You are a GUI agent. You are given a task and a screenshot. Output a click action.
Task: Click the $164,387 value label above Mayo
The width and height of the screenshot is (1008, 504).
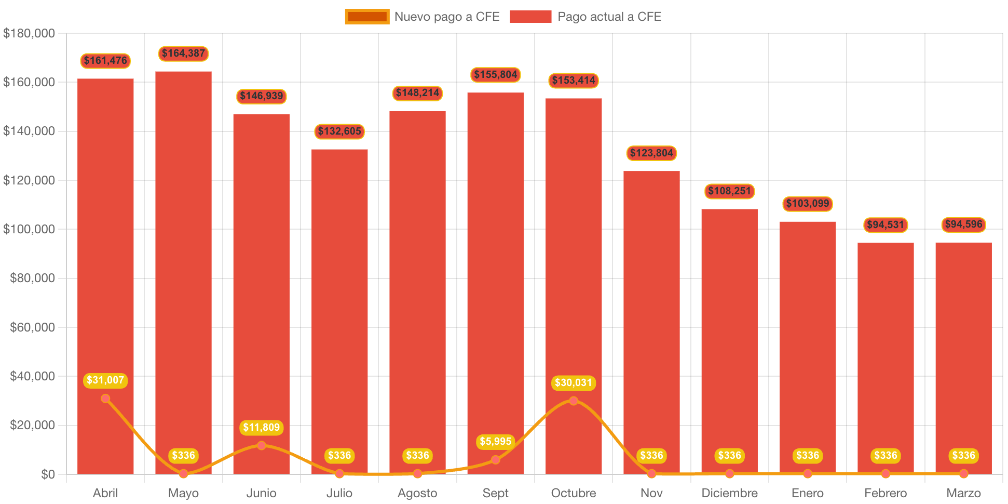point(183,54)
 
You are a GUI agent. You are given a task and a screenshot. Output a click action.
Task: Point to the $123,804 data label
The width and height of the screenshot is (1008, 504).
point(651,153)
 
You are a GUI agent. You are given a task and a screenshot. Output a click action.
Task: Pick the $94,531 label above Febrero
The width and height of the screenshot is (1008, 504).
point(886,225)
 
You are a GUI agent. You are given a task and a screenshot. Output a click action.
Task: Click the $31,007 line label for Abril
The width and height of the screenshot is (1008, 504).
point(105,380)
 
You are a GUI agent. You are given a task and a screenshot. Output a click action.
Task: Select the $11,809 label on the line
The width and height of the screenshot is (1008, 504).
point(262,428)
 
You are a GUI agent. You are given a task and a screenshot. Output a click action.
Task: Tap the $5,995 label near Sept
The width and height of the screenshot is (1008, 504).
point(496,442)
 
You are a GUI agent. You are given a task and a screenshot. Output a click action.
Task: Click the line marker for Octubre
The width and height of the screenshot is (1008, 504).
point(574,401)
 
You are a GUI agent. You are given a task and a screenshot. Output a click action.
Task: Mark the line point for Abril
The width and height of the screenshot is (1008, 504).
point(105,399)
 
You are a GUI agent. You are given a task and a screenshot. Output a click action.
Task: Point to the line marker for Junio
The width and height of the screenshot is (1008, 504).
point(262,445)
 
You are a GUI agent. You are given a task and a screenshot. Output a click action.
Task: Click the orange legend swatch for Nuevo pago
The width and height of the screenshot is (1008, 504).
point(367,17)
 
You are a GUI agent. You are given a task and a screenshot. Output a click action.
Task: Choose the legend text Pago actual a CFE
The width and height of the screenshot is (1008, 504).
point(609,17)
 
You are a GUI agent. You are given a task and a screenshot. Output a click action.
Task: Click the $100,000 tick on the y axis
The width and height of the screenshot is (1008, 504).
point(29,229)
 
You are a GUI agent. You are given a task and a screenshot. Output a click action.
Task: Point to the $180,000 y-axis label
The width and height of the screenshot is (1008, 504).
point(29,33)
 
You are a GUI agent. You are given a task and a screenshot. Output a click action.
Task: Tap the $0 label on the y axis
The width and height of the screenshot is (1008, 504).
point(48,474)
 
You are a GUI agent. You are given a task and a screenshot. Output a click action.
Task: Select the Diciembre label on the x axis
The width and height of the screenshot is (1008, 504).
point(729,493)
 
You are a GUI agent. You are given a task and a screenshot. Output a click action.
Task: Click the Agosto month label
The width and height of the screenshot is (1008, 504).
point(417,493)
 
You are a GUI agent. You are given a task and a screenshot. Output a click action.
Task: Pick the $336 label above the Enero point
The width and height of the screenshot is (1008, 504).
point(808,456)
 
